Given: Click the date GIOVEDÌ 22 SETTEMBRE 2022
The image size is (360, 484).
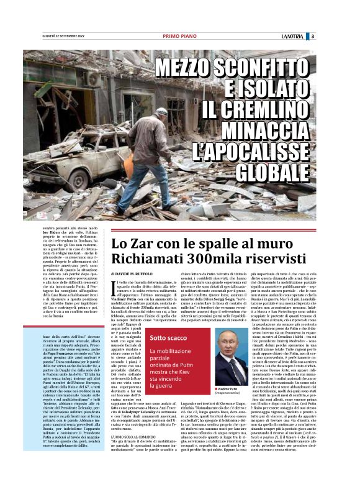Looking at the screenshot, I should (50, 36).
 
